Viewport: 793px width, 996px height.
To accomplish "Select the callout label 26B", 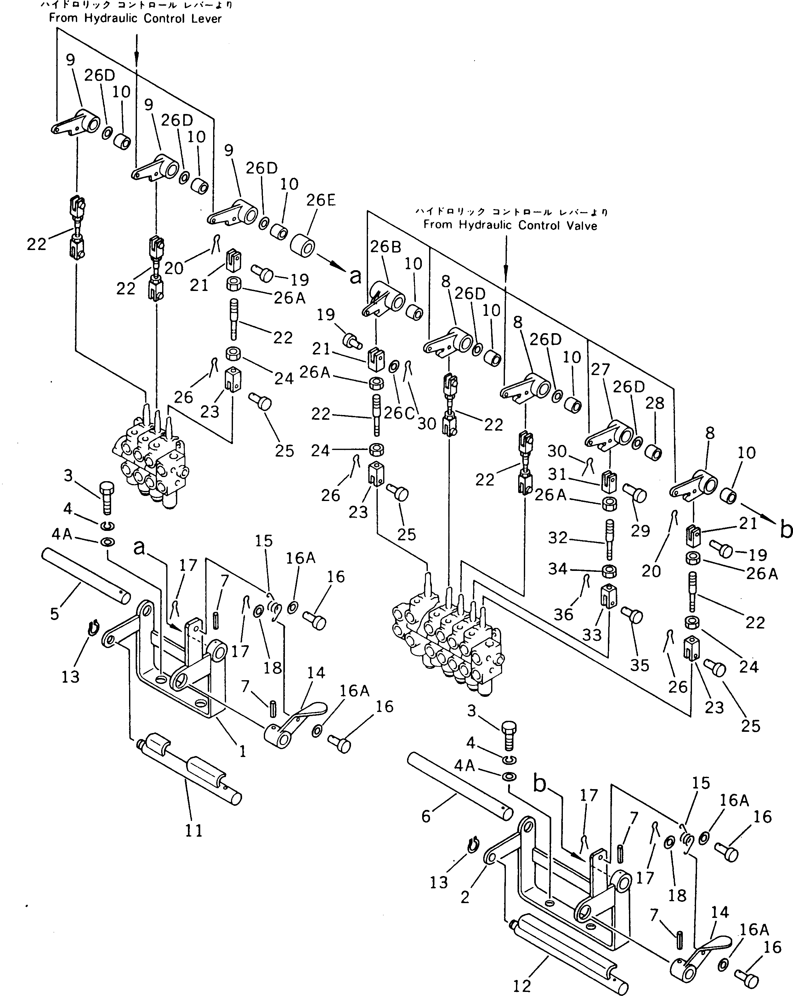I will (x=386, y=247).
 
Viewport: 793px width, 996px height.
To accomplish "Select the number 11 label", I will (x=194, y=831).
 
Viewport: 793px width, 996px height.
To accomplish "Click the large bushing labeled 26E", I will (x=303, y=245).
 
